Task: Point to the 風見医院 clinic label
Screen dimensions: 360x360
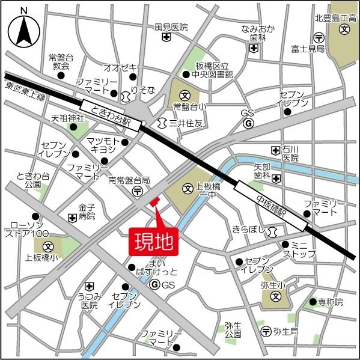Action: tap(171, 27)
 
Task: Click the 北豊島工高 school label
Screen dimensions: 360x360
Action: tap(335, 18)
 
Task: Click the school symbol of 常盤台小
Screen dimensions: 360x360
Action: tap(185, 94)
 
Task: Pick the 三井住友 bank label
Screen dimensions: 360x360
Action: tap(186, 123)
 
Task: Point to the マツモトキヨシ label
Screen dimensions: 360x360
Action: tap(105, 146)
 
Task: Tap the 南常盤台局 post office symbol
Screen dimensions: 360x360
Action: tap(138, 191)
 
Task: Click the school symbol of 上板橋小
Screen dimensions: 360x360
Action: tap(47, 246)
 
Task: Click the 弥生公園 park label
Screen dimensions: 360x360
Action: tap(233, 329)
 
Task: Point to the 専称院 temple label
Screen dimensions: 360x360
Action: tap(331, 302)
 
